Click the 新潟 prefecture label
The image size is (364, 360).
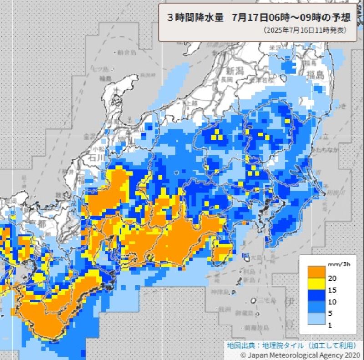(x=235, y=70)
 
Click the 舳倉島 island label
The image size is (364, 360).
(x=127, y=53)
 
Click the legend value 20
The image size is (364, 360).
(x=332, y=278)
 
